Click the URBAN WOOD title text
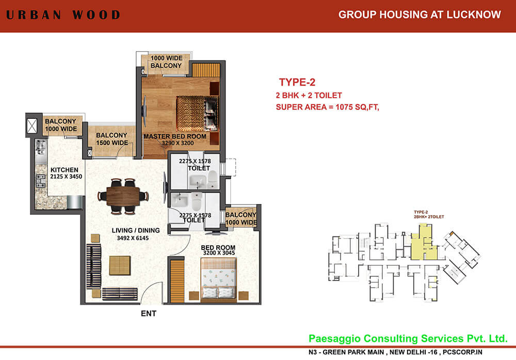pos(63,14)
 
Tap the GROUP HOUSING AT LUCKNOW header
pos(420,14)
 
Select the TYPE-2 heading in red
pos(297,83)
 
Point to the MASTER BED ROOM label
pos(174,139)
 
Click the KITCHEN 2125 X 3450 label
pos(64,173)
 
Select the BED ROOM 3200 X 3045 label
pos(218,251)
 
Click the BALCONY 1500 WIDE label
pos(112,139)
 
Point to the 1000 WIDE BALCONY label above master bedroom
pos(166,62)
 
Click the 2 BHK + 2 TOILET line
pos(309,96)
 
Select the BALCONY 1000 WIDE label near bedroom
pos(240,218)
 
